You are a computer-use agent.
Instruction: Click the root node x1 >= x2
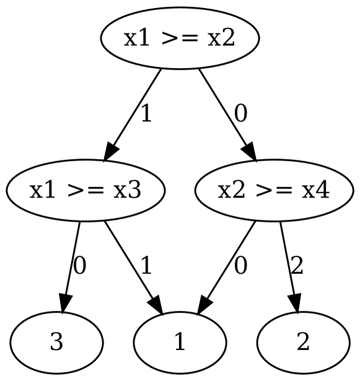(x=180, y=39)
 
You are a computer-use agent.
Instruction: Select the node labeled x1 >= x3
(x=86, y=191)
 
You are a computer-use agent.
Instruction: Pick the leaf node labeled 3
(x=56, y=343)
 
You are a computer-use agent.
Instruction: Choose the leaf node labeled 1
(x=180, y=343)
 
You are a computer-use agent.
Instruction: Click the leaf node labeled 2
(x=303, y=343)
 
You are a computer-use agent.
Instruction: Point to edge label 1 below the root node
(x=146, y=114)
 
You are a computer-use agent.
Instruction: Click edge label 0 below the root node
(x=240, y=114)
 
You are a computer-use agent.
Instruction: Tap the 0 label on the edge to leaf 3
(x=80, y=266)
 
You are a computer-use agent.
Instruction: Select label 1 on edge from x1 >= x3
(x=146, y=266)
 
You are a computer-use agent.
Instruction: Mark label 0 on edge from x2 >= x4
(x=240, y=266)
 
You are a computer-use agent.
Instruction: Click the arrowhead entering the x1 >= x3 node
(x=111, y=152)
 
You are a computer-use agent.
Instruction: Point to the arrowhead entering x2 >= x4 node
(x=248, y=152)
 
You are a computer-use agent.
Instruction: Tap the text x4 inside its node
(x=316, y=191)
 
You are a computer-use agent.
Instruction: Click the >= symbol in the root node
(x=180, y=39)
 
